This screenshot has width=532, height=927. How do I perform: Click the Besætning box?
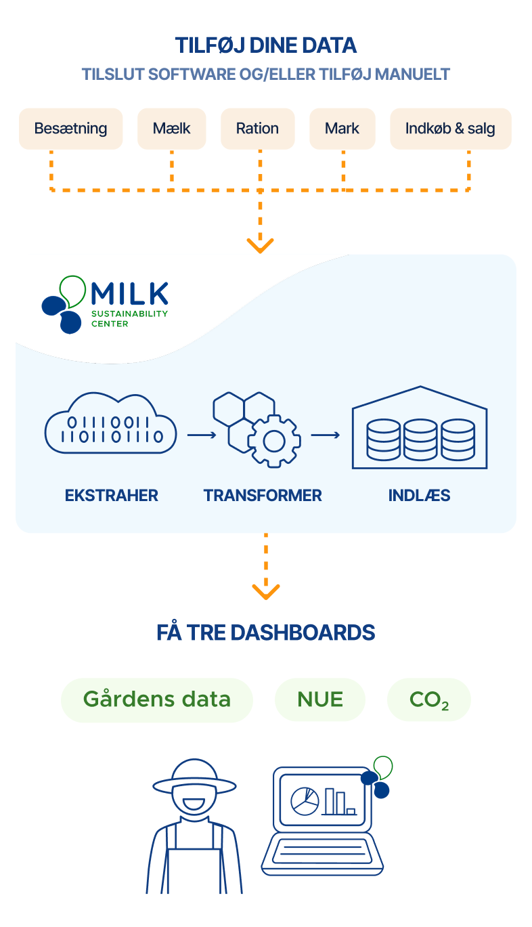coord(71,129)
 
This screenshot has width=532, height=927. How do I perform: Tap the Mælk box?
coord(172,129)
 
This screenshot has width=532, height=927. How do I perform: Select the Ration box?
coord(258,129)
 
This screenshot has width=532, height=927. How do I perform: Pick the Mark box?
coord(342,129)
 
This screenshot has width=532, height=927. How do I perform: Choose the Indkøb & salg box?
coord(451,129)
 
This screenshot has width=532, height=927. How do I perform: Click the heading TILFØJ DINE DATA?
coord(266,45)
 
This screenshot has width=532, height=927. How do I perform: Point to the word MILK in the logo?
coord(130,294)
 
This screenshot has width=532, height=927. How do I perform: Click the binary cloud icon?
coord(111,423)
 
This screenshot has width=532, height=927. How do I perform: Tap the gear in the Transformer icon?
coord(274,441)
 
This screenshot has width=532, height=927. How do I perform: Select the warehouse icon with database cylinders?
coord(420,427)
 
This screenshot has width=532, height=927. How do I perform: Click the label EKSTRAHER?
coord(112,496)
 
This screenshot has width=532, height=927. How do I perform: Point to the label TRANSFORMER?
coord(263,496)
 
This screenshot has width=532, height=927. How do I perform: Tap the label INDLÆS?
coord(420,496)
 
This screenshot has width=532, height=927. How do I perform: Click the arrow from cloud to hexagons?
coord(202,435)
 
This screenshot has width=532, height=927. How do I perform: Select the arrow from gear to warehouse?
coord(326,435)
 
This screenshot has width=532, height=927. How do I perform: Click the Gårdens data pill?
coord(157,699)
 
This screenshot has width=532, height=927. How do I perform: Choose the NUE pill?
coord(320,699)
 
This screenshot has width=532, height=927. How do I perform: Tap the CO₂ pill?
coord(429,699)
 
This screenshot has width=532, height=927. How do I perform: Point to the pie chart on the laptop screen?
coord(305,801)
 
